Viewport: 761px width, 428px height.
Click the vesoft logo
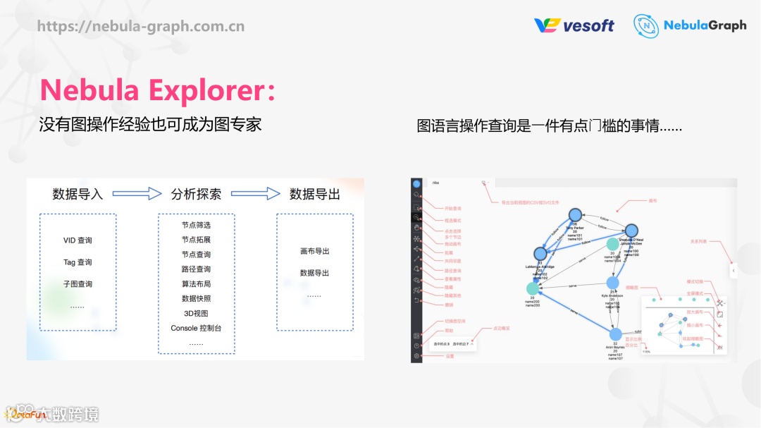[574, 25]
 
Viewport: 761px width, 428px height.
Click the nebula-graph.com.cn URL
[141, 27]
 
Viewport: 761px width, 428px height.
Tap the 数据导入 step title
[78, 194]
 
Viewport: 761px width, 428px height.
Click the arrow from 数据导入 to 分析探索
[137, 194]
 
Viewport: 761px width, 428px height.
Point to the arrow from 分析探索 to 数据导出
[255, 194]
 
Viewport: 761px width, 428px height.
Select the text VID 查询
[78, 240]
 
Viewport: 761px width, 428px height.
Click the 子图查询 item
[78, 284]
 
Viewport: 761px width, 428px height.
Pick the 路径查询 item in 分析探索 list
[196, 269]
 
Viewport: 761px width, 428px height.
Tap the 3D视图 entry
[196, 313]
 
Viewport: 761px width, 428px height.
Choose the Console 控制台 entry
[196, 328]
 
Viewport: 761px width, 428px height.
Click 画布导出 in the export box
[314, 251]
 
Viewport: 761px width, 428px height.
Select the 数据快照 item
[196, 298]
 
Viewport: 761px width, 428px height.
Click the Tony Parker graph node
[575, 214]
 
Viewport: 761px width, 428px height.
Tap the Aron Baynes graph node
[616, 334]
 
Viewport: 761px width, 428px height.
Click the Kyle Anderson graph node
[612, 283]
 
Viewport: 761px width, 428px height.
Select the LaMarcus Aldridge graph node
[540, 253]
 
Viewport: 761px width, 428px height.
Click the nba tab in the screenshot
[435, 182]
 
